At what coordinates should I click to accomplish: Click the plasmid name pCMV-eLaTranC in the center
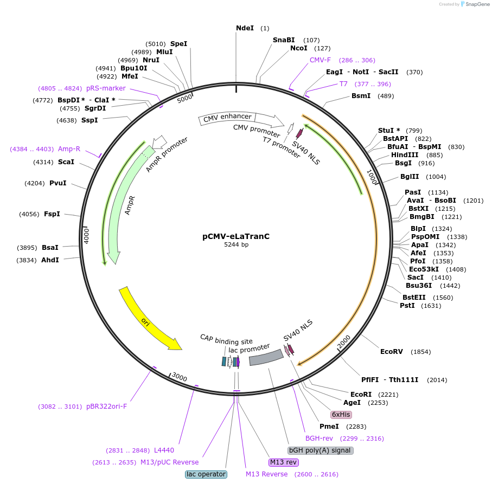click(236, 236)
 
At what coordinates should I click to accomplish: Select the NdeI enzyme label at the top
click(245, 28)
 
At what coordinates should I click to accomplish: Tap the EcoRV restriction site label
click(391, 352)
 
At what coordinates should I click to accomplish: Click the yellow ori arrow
click(149, 320)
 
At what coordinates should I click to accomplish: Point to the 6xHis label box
click(341, 415)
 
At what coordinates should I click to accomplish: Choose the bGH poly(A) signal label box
click(321, 450)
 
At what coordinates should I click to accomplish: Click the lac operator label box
click(206, 474)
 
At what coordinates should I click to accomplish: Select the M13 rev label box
click(283, 462)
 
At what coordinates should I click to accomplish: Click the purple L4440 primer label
click(164, 450)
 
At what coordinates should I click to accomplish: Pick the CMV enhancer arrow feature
click(228, 118)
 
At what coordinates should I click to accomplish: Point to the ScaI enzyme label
click(66, 162)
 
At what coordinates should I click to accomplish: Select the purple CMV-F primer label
click(320, 60)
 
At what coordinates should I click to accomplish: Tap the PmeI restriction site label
click(329, 427)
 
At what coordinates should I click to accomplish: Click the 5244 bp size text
click(236, 245)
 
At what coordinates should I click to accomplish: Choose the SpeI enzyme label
click(178, 43)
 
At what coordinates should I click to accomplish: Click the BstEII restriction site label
click(414, 297)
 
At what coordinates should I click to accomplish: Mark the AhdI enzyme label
click(50, 260)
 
